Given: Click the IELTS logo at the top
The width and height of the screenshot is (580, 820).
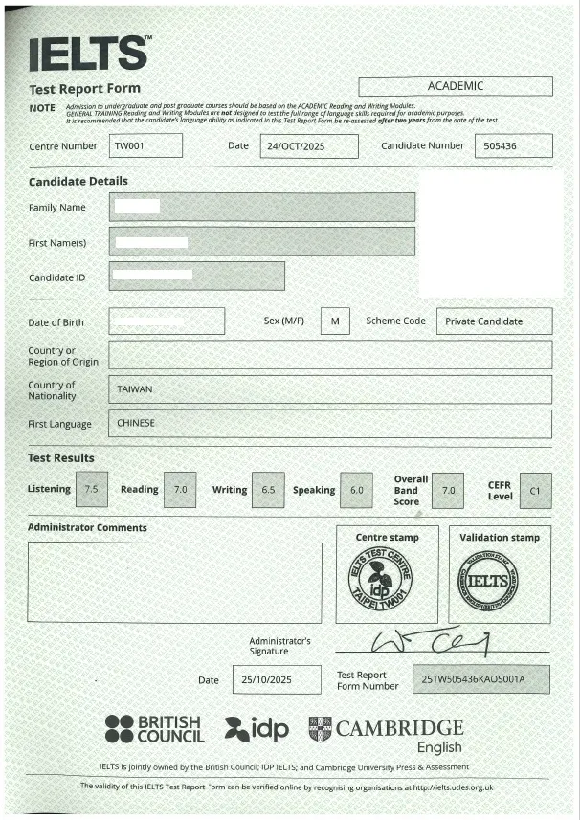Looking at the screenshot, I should point(90,55).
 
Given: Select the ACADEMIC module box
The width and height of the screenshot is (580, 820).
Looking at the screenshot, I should point(455,86).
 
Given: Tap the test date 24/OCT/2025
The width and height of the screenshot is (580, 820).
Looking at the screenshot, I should point(308,146).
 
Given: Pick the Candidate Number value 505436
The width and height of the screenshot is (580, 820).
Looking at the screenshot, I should point(513,146).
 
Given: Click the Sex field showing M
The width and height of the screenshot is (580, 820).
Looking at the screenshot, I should point(335,321).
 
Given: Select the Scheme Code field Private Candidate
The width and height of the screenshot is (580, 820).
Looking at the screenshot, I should point(493,321).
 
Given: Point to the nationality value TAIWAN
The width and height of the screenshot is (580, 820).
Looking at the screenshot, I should point(135,389).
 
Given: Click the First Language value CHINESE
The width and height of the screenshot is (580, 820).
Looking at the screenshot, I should point(136,423).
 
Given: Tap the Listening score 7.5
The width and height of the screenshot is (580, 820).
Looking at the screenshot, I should point(92,489).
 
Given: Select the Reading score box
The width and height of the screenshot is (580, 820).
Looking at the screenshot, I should point(180,489).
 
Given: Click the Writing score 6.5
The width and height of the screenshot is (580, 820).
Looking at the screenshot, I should point(268,489).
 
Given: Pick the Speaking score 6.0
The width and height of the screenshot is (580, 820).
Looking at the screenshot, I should point(356,489).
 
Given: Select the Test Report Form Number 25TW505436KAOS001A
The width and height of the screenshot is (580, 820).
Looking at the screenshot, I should point(480,679).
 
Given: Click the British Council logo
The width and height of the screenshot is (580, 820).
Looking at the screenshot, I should point(155,729).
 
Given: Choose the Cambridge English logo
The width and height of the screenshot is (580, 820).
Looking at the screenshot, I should point(387,732).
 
